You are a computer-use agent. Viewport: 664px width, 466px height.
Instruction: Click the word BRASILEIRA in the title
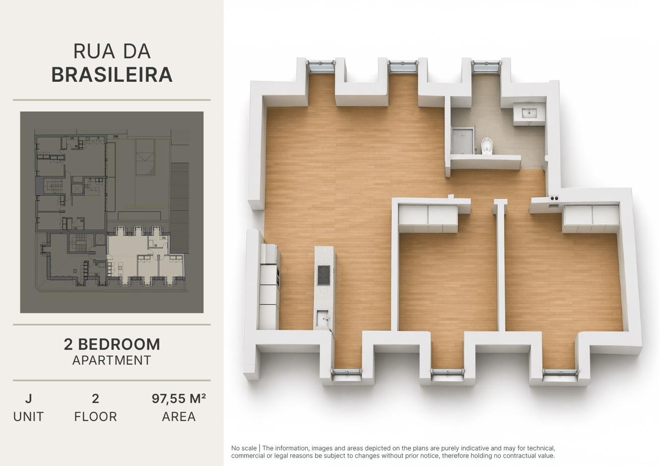112,75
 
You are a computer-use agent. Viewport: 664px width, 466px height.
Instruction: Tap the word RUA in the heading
94,51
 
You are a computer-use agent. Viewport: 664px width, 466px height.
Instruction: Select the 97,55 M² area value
179,399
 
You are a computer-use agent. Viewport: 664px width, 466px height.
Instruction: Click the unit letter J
28,399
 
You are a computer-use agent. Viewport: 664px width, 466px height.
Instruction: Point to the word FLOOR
95,417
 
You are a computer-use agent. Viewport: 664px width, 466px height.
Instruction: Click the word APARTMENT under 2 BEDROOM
112,361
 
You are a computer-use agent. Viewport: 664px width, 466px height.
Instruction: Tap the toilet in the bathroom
486,146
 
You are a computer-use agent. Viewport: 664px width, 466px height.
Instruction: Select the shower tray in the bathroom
463,141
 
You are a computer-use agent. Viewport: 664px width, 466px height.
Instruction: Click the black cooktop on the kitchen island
323,275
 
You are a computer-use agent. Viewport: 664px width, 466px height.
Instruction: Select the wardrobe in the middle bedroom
428,218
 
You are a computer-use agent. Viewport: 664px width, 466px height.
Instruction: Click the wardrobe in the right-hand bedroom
591,219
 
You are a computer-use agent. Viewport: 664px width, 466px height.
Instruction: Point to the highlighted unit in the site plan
139,255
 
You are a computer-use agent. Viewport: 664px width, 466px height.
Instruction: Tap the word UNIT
28,417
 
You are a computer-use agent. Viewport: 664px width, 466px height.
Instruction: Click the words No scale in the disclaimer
244,448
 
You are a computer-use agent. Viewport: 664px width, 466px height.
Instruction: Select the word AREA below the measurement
179,417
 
